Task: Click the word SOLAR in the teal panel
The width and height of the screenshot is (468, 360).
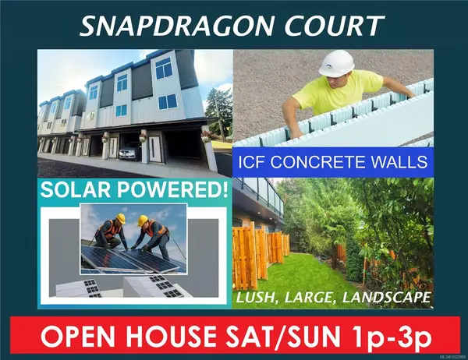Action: (77, 191)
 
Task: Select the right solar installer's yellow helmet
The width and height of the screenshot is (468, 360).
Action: (145, 221)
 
